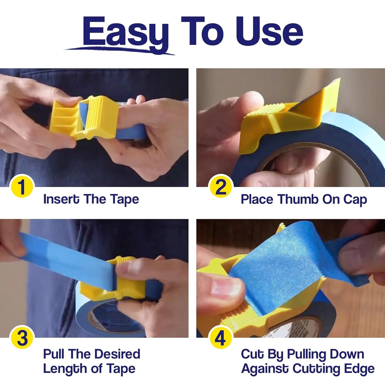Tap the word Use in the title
(269, 31)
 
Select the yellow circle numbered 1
(22, 187)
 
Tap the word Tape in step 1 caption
(124, 200)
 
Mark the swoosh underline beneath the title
(120, 50)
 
